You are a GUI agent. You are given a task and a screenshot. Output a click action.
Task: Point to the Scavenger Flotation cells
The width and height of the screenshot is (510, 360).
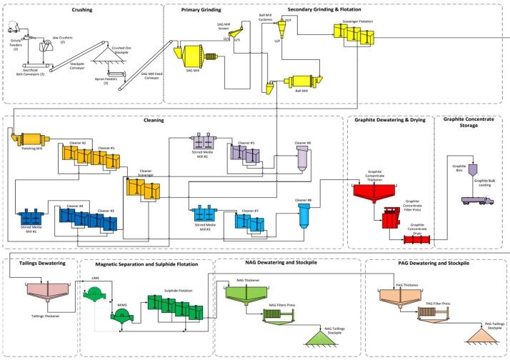click(x=352, y=34)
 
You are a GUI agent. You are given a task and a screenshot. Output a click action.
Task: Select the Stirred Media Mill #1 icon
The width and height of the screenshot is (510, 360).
click(x=31, y=217)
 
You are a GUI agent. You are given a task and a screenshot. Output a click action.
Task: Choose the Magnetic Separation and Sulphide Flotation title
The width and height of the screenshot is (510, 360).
click(x=147, y=264)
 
